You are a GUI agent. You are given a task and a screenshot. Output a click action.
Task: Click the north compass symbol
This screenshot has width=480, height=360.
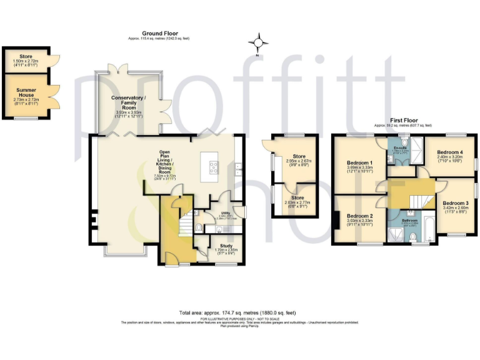(x=257, y=43)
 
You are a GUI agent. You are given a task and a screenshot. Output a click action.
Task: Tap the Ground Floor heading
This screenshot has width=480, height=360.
(x=161, y=34)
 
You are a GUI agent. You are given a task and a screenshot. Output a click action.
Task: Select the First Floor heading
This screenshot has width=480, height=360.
(x=404, y=120)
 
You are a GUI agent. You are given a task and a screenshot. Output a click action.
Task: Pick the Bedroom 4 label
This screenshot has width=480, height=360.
(x=450, y=152)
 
